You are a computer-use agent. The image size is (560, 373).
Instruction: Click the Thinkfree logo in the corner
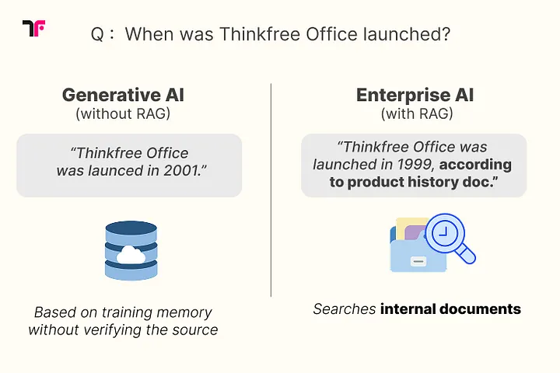coord(33,28)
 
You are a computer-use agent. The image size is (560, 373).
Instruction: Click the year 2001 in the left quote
coord(182,171)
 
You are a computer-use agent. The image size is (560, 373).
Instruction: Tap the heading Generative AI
coord(123,95)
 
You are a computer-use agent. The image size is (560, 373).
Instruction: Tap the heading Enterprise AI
coord(415,95)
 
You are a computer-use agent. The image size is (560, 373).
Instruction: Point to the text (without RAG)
coord(123,114)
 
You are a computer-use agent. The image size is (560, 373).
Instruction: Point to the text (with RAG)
coord(417,114)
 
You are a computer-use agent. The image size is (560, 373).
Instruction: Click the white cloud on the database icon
coord(131,255)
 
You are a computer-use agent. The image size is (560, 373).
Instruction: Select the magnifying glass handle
coord(466,255)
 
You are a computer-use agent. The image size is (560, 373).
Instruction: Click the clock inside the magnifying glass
coord(444,232)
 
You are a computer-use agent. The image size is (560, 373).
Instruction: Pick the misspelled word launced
coord(116,171)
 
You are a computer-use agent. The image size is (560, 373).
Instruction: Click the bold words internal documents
coord(450,309)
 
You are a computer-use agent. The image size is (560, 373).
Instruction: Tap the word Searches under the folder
coord(345,309)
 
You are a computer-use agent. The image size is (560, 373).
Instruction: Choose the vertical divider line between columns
coord(271,190)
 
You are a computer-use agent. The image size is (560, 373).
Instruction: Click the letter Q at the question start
coord(97,35)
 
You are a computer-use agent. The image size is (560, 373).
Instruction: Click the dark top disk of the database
coord(131,228)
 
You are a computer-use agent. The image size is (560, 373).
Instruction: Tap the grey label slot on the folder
coord(418,261)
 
